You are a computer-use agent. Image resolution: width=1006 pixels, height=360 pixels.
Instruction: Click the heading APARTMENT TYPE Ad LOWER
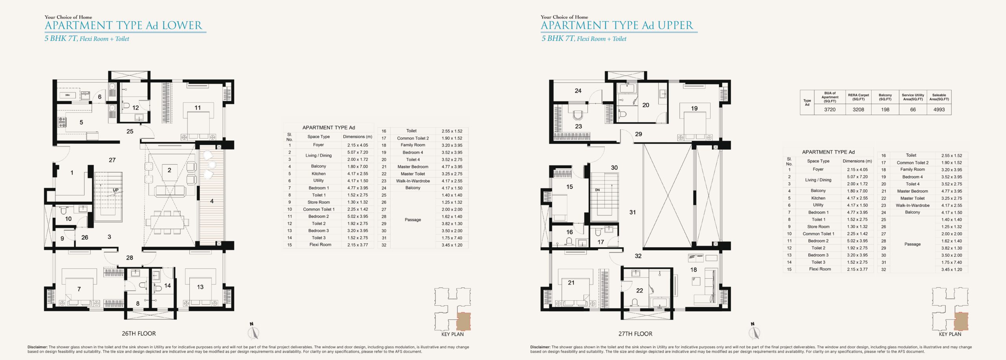[123, 26]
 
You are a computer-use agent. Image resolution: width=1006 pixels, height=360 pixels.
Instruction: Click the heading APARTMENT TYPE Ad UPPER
[617, 26]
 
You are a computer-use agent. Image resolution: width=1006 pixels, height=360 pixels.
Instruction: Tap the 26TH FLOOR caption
[139, 334]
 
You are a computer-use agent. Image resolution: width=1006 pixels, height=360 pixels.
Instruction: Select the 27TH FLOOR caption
[635, 334]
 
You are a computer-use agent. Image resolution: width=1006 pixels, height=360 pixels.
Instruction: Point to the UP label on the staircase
[116, 190]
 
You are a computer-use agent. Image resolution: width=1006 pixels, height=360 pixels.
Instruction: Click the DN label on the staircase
[597, 190]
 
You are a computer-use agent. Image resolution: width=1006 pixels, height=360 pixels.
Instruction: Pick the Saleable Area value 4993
[939, 110]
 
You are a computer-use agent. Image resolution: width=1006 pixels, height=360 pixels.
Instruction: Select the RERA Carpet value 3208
[858, 110]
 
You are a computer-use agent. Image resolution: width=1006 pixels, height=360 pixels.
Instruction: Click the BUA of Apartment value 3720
[830, 110]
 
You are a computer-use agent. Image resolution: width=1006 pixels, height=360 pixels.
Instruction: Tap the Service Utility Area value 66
[913, 110]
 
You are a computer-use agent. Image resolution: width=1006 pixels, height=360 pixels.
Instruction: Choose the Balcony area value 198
[885, 110]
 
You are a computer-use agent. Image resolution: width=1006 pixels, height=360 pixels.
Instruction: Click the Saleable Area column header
[939, 97]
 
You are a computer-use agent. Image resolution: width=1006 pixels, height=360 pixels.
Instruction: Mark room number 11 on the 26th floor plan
[198, 108]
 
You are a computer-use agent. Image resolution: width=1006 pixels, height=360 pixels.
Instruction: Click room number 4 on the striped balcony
[212, 201]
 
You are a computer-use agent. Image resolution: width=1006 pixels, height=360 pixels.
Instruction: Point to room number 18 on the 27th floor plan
[694, 270]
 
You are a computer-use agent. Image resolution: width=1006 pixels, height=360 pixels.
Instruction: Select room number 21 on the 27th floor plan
[571, 283]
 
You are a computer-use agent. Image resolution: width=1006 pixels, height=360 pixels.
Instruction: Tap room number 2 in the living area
[169, 170]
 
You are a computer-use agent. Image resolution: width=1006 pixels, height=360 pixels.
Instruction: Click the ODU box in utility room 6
[68, 95]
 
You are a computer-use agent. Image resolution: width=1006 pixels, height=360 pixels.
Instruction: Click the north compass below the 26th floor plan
[254, 331]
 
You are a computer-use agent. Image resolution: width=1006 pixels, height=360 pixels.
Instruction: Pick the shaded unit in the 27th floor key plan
[961, 321]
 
